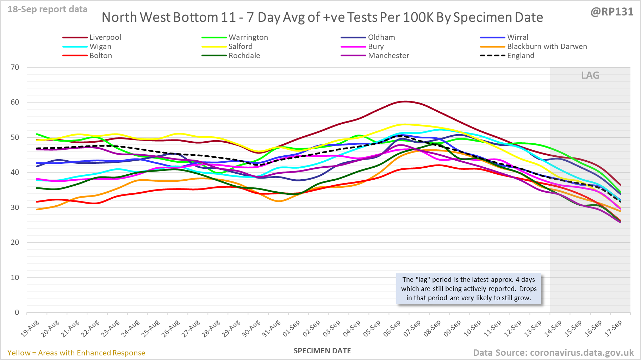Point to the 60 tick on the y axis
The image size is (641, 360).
[15, 102]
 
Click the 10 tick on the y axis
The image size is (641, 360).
[15, 278]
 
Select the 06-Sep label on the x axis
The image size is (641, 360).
[392, 328]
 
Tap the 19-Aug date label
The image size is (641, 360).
[30, 328]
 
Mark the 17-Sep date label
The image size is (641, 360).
[614, 328]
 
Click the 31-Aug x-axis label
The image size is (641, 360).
[272, 328]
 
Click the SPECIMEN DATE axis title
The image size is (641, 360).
[322, 351]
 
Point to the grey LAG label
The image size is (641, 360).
[590, 75]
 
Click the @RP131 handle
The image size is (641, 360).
[612, 12]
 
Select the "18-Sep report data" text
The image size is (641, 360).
[48, 10]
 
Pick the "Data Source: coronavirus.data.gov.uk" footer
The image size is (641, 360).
[553, 353]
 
